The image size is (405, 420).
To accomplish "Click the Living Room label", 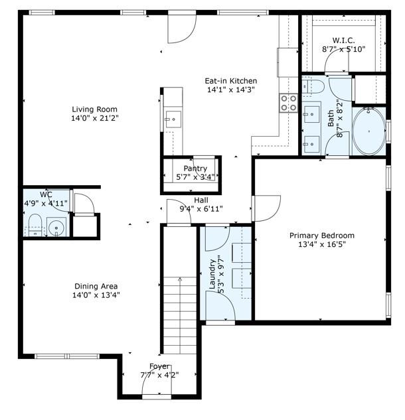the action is [x=95, y=109].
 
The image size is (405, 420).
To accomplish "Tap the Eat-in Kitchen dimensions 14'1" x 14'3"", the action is [x=231, y=90].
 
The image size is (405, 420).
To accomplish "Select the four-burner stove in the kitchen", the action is [x=288, y=103].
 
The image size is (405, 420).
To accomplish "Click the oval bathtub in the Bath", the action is [x=368, y=131].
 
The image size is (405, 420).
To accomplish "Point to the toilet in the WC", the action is [x=35, y=225].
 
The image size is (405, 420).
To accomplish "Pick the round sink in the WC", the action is [x=56, y=227].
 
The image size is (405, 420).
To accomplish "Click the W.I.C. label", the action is [x=344, y=40].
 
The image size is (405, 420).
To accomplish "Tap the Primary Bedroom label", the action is [x=322, y=236].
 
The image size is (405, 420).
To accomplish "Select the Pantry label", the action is [x=195, y=169].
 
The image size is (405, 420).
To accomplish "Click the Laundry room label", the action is [x=212, y=274].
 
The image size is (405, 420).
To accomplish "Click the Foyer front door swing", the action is [x=157, y=380].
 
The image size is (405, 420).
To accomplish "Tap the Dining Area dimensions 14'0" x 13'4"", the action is [x=96, y=295].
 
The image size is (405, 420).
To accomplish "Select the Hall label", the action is [x=201, y=200].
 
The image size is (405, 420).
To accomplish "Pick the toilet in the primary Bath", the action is [x=313, y=86].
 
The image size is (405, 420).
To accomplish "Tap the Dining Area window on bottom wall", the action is [x=67, y=356].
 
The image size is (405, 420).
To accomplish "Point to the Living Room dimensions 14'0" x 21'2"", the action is [x=95, y=118].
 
